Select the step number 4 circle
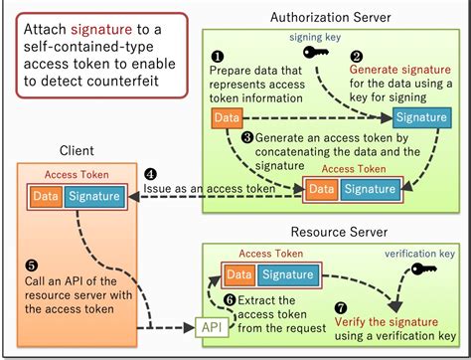[x=150, y=173]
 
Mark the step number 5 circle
[x=31, y=266]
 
